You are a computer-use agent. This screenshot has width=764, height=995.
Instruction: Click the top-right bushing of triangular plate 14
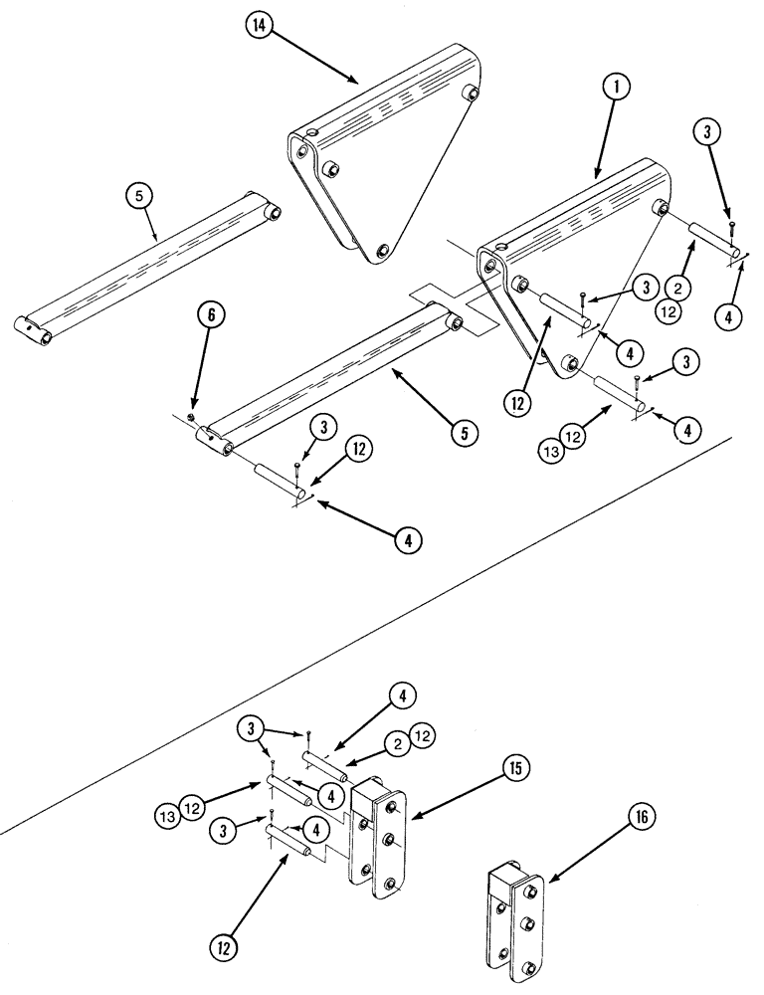click(472, 95)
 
